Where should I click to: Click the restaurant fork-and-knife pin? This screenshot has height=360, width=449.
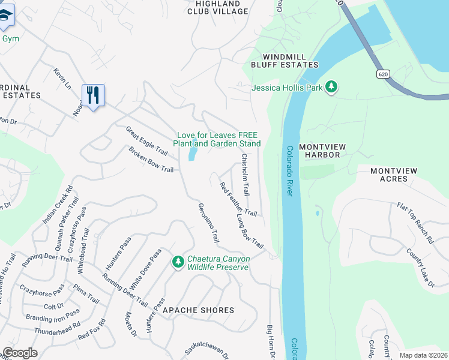tap(93, 95)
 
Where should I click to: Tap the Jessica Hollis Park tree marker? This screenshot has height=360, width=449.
tap(331, 88)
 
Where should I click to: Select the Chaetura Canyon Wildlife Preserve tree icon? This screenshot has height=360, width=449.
tap(178, 262)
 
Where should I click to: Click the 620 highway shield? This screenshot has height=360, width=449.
tap(384, 74)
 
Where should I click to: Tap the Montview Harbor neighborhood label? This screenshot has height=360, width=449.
tap(328, 150)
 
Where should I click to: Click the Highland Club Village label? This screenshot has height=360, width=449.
tap(218, 7)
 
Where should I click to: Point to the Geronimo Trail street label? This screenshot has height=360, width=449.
tap(208, 223)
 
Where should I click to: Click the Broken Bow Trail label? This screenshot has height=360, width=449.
tap(151, 160)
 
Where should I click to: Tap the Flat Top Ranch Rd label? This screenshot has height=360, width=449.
tap(415, 223)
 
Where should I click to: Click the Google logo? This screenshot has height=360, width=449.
tap(20, 353)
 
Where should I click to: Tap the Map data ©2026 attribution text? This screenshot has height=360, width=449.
tap(423, 355)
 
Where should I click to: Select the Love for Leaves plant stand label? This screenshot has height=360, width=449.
tap(217, 139)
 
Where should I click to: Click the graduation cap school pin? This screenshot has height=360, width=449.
tap(5, 17)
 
